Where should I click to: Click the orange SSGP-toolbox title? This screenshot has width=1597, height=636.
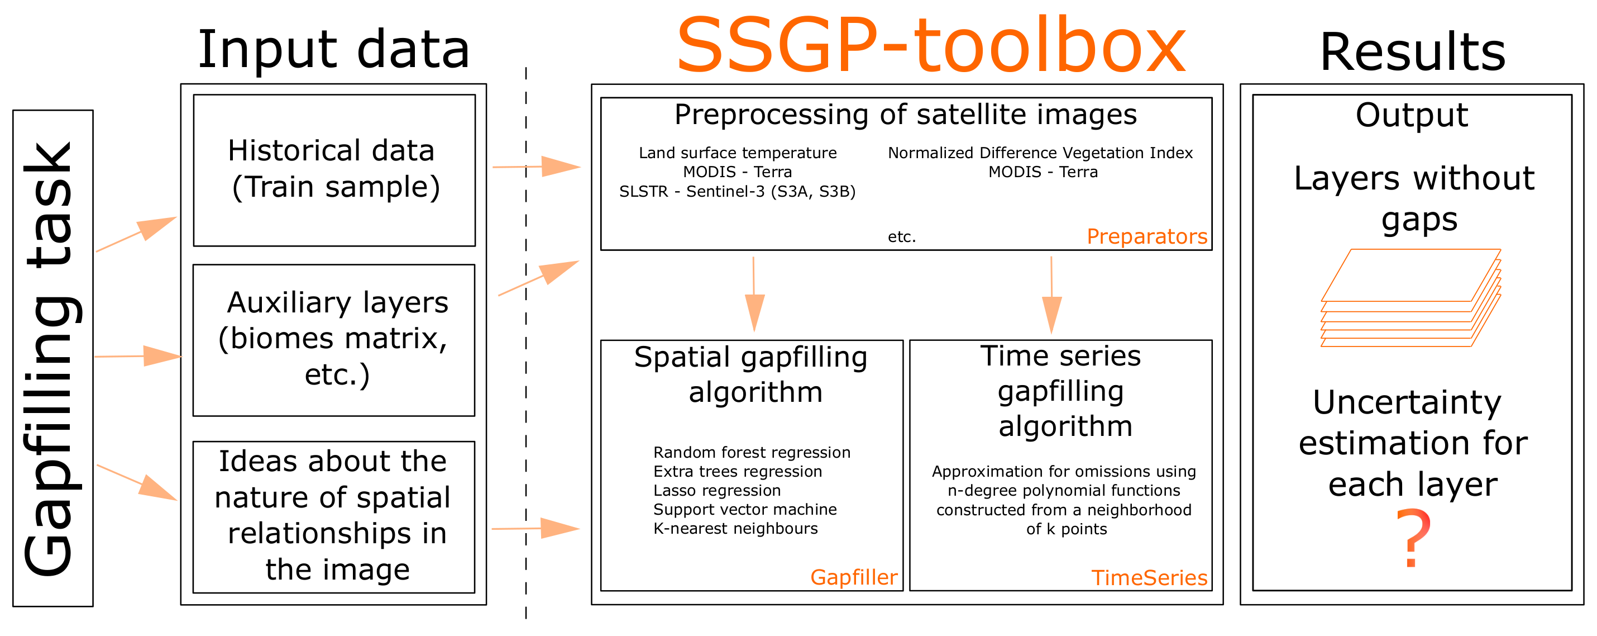[930, 46]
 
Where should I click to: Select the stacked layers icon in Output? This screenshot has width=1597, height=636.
[1410, 298]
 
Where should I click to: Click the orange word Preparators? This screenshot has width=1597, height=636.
[1146, 236]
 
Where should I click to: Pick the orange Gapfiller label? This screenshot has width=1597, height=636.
[853, 577]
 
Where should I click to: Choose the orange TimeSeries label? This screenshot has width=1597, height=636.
[1149, 578]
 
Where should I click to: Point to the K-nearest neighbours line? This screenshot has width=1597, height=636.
[735, 528]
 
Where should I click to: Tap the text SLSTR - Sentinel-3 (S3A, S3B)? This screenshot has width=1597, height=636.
[737, 191]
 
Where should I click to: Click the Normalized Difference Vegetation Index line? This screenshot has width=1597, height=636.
[1040, 153]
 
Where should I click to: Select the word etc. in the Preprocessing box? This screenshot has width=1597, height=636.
[901, 236]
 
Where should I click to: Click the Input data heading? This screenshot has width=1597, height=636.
[333, 50]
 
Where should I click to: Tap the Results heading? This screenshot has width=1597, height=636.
[1412, 52]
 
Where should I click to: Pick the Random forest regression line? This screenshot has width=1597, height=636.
[752, 452]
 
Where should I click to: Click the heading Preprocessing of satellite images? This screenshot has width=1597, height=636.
[905, 115]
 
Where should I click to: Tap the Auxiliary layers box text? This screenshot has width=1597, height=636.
[335, 339]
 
